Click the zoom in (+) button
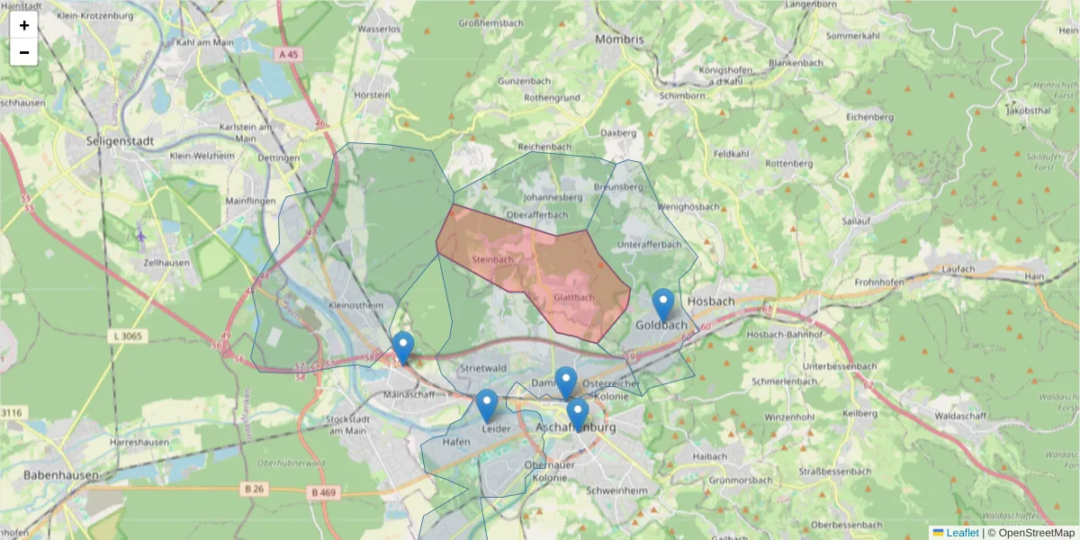click(x=24, y=25)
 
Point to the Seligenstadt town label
click(x=120, y=141)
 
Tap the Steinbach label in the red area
click(x=492, y=259)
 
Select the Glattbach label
click(x=573, y=297)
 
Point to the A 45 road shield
click(x=288, y=55)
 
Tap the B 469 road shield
click(x=322, y=492)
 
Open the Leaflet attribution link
click(x=962, y=533)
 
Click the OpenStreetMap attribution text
click(x=1031, y=533)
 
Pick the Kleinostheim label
click(x=357, y=306)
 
